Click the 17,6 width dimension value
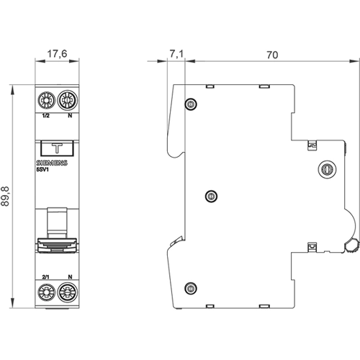[x=57, y=53]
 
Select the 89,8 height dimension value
[x=5, y=197]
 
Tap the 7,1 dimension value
[x=176, y=54]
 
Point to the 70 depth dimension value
[x=272, y=55]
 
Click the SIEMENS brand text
[x=52, y=163]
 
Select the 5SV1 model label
[x=42, y=169]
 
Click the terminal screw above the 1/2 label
[x=47, y=100]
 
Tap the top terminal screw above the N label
[x=68, y=100]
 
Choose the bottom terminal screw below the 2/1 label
[x=46, y=292]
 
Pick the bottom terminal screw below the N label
[x=68, y=292]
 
